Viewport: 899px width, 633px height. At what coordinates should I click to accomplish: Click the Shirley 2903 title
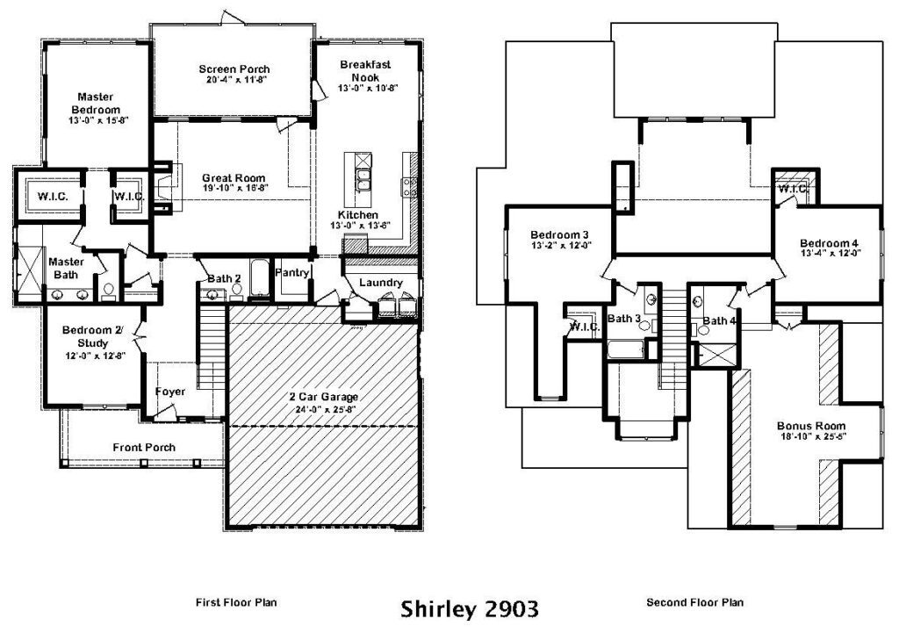(469, 608)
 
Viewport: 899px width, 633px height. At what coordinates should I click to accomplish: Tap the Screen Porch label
(234, 68)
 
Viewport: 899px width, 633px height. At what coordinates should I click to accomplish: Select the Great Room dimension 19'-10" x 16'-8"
(234, 188)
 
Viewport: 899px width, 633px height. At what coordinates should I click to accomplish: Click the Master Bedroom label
(96, 104)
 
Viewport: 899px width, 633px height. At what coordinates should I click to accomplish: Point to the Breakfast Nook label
(365, 71)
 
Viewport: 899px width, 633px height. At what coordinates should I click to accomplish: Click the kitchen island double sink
(363, 180)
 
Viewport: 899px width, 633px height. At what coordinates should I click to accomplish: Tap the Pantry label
(291, 272)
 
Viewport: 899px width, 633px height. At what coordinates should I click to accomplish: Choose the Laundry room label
(381, 283)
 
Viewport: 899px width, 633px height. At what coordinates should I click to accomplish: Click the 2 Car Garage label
(323, 397)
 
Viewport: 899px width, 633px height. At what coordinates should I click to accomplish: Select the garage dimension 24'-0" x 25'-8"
(323, 409)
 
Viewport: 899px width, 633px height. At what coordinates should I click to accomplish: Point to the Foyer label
(170, 392)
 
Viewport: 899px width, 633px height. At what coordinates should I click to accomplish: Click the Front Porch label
(144, 447)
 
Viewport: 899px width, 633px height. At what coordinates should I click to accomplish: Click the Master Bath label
(66, 268)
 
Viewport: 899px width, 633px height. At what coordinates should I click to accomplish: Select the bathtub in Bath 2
(260, 278)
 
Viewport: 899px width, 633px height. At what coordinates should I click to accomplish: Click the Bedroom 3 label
(559, 234)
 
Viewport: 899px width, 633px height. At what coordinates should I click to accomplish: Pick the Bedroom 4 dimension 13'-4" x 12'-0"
(831, 253)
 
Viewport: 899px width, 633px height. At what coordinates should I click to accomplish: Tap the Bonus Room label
(811, 426)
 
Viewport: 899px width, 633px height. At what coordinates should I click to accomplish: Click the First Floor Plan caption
(236, 602)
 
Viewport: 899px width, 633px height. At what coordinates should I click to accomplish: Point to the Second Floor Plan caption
(695, 602)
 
